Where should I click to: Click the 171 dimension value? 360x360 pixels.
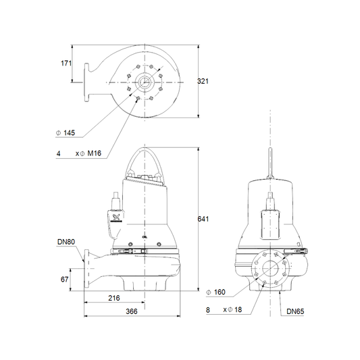pyautogui.click(x=66, y=63)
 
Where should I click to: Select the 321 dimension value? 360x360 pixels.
pyautogui.click(x=203, y=81)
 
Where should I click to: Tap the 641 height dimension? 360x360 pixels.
pyautogui.click(x=203, y=219)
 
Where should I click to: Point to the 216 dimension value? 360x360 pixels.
pyautogui.click(x=114, y=298)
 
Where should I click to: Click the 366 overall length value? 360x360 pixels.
pyautogui.click(x=132, y=311)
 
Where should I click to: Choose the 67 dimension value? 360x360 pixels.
pyautogui.click(x=65, y=279)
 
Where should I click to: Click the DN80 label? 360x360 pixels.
pyautogui.click(x=66, y=242)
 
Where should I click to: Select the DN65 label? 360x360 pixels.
pyautogui.click(x=295, y=311)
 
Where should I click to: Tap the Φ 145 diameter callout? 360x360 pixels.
pyautogui.click(x=66, y=132)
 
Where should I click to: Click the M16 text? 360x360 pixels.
pyautogui.click(x=95, y=153)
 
